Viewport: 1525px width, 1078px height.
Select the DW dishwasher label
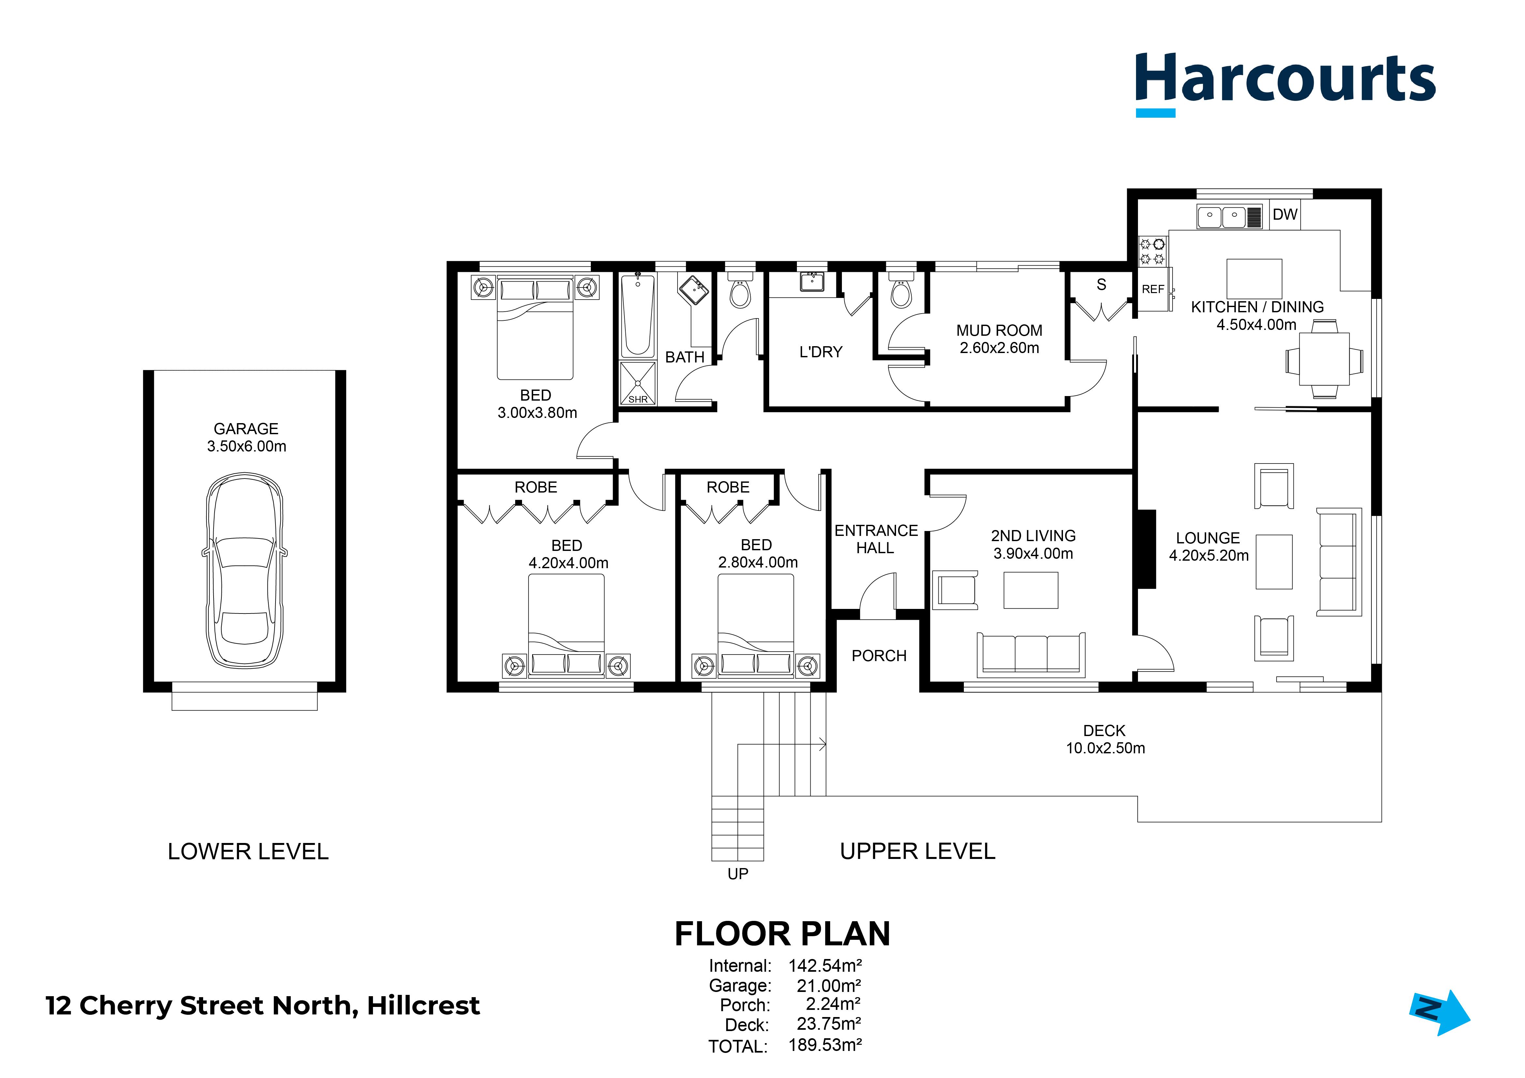(1285, 214)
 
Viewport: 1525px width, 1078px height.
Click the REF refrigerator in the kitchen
(1154, 289)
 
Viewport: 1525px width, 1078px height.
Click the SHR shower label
(638, 399)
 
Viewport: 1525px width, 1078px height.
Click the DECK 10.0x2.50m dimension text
(1105, 748)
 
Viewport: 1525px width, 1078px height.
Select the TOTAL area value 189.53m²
(825, 1045)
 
